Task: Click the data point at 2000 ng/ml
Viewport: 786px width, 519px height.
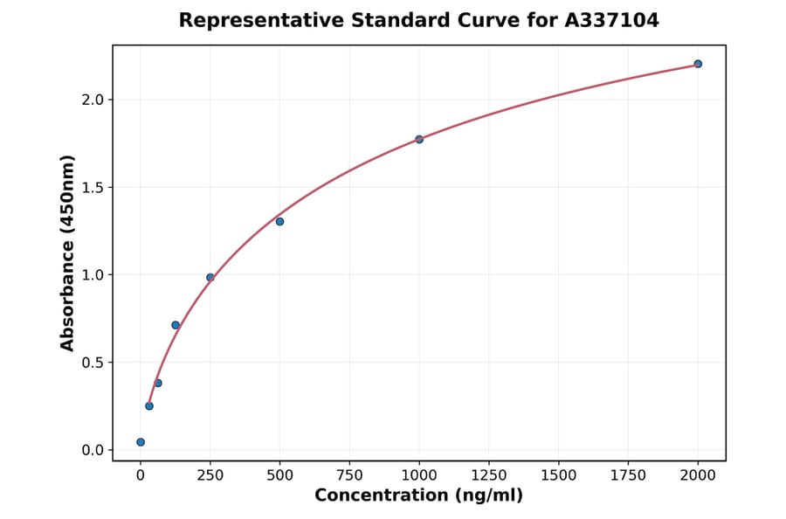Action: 698,64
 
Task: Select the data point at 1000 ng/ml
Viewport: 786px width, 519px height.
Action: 419,139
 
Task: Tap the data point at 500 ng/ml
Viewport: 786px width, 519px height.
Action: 279,221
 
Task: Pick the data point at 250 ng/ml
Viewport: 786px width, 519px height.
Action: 210,277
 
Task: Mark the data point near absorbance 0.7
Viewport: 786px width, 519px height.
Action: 176,325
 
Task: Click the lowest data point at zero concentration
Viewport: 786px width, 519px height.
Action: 141,442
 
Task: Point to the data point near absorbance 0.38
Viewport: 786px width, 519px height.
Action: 158,383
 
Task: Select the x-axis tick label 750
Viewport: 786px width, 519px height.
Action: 349,474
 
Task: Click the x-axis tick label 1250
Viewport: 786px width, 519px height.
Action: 489,474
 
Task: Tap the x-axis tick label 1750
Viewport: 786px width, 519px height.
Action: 628,474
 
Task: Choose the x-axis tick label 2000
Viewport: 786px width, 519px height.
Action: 698,474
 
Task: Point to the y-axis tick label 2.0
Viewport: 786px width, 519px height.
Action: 93,100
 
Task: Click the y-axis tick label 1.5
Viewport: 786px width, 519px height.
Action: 93,187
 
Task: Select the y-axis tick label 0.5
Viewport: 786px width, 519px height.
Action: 93,363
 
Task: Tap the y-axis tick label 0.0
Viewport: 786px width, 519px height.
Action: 93,450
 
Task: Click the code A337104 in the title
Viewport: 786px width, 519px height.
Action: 611,20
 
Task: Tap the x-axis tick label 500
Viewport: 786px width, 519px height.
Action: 279,474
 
